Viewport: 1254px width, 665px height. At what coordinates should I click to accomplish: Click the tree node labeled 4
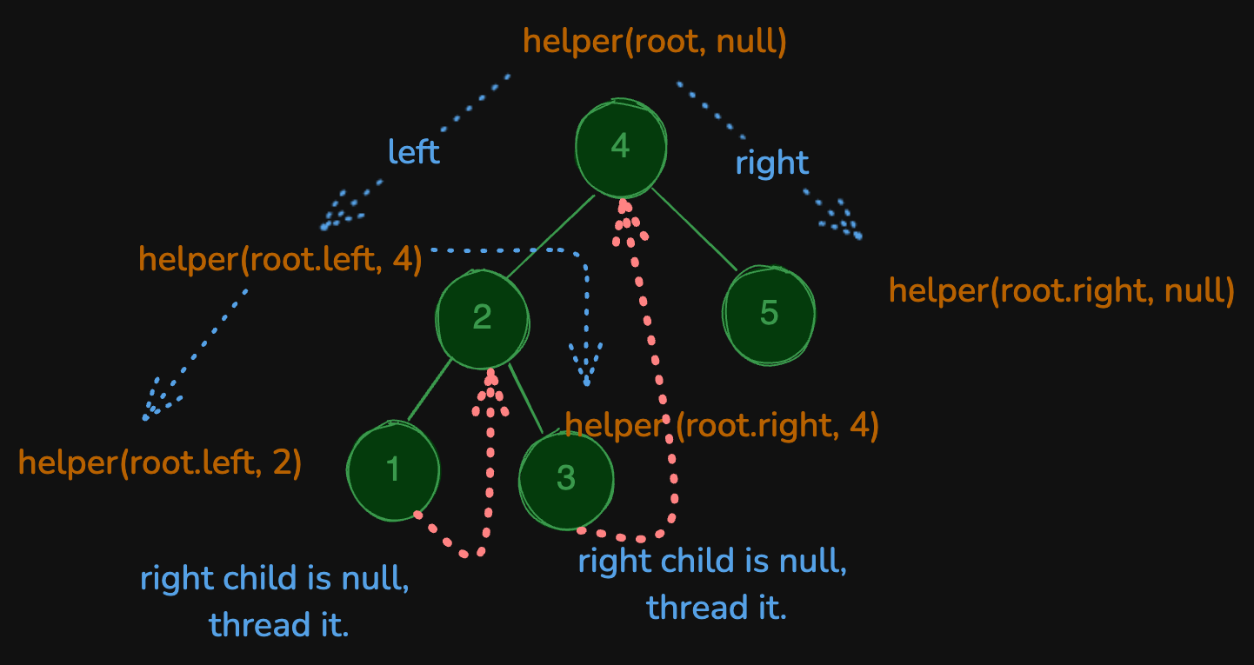(621, 148)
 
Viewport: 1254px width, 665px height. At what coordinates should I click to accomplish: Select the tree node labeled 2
(483, 317)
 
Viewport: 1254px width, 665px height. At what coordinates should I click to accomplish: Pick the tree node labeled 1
(393, 470)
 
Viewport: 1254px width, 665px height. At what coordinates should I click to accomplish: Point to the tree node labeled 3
(566, 479)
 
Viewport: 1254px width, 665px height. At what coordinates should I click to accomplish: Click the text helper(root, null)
(655, 42)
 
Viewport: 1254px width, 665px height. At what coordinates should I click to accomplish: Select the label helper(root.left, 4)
(280, 259)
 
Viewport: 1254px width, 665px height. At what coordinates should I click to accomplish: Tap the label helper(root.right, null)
(1061, 291)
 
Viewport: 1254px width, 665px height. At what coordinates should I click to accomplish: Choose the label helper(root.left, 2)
(160, 463)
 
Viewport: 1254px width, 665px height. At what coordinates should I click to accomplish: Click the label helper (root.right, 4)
(722, 426)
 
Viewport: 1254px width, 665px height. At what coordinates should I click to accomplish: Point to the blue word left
(414, 152)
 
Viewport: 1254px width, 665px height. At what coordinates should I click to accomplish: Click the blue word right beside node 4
(772, 163)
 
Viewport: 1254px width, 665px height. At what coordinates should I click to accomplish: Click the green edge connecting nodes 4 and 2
(550, 237)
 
